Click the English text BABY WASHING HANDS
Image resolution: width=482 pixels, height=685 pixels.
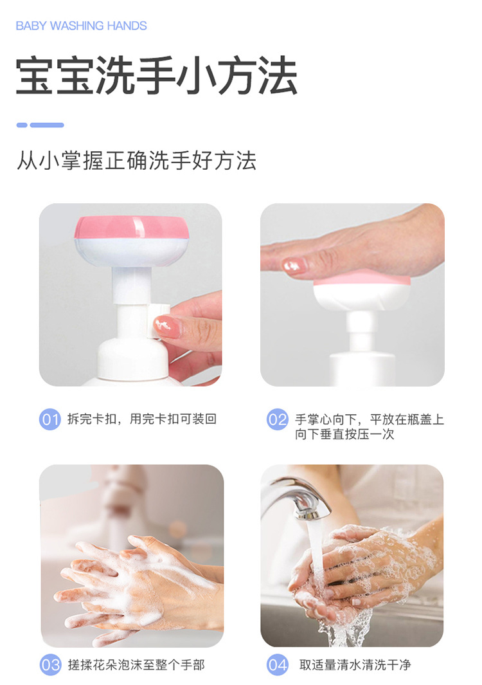[x=81, y=26]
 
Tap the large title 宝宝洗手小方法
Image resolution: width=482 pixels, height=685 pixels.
[x=157, y=76]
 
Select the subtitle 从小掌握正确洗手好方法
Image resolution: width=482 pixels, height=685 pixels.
[x=137, y=160]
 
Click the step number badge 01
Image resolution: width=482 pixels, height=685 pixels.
[x=49, y=419]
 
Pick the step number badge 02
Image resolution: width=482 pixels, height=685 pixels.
[x=277, y=419]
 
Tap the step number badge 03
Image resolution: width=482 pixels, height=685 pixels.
[x=50, y=665]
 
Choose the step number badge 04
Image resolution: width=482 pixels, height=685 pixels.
[x=277, y=665]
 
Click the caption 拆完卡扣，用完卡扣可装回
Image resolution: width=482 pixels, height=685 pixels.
[x=142, y=419]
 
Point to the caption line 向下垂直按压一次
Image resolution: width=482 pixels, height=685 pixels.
[x=344, y=434]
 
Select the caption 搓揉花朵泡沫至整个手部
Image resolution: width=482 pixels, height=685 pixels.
[x=136, y=665]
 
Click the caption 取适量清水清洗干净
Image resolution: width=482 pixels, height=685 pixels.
[x=355, y=665]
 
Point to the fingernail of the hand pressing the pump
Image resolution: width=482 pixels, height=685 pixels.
[x=294, y=266]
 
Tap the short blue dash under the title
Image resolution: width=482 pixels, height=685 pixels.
[x=22, y=125]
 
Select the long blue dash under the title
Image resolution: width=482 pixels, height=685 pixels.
[x=47, y=125]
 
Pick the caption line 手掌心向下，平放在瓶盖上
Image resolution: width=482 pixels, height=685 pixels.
[x=370, y=419]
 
